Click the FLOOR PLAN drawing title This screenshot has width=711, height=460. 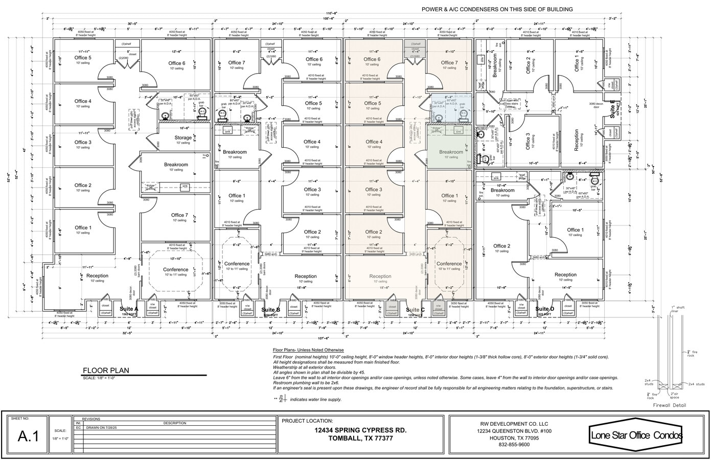(x=106, y=371)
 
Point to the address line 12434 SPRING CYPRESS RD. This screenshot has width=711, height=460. (x=361, y=430)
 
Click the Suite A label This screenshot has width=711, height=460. (x=129, y=309)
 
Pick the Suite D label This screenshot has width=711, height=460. (x=545, y=309)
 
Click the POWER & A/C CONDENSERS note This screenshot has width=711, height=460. (x=497, y=9)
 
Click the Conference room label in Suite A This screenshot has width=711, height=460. (x=175, y=269)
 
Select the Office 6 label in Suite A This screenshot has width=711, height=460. (x=177, y=63)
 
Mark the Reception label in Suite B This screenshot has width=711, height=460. (x=306, y=276)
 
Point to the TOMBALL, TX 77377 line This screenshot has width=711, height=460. (x=361, y=439)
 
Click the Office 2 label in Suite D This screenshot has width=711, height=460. (x=501, y=246)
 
